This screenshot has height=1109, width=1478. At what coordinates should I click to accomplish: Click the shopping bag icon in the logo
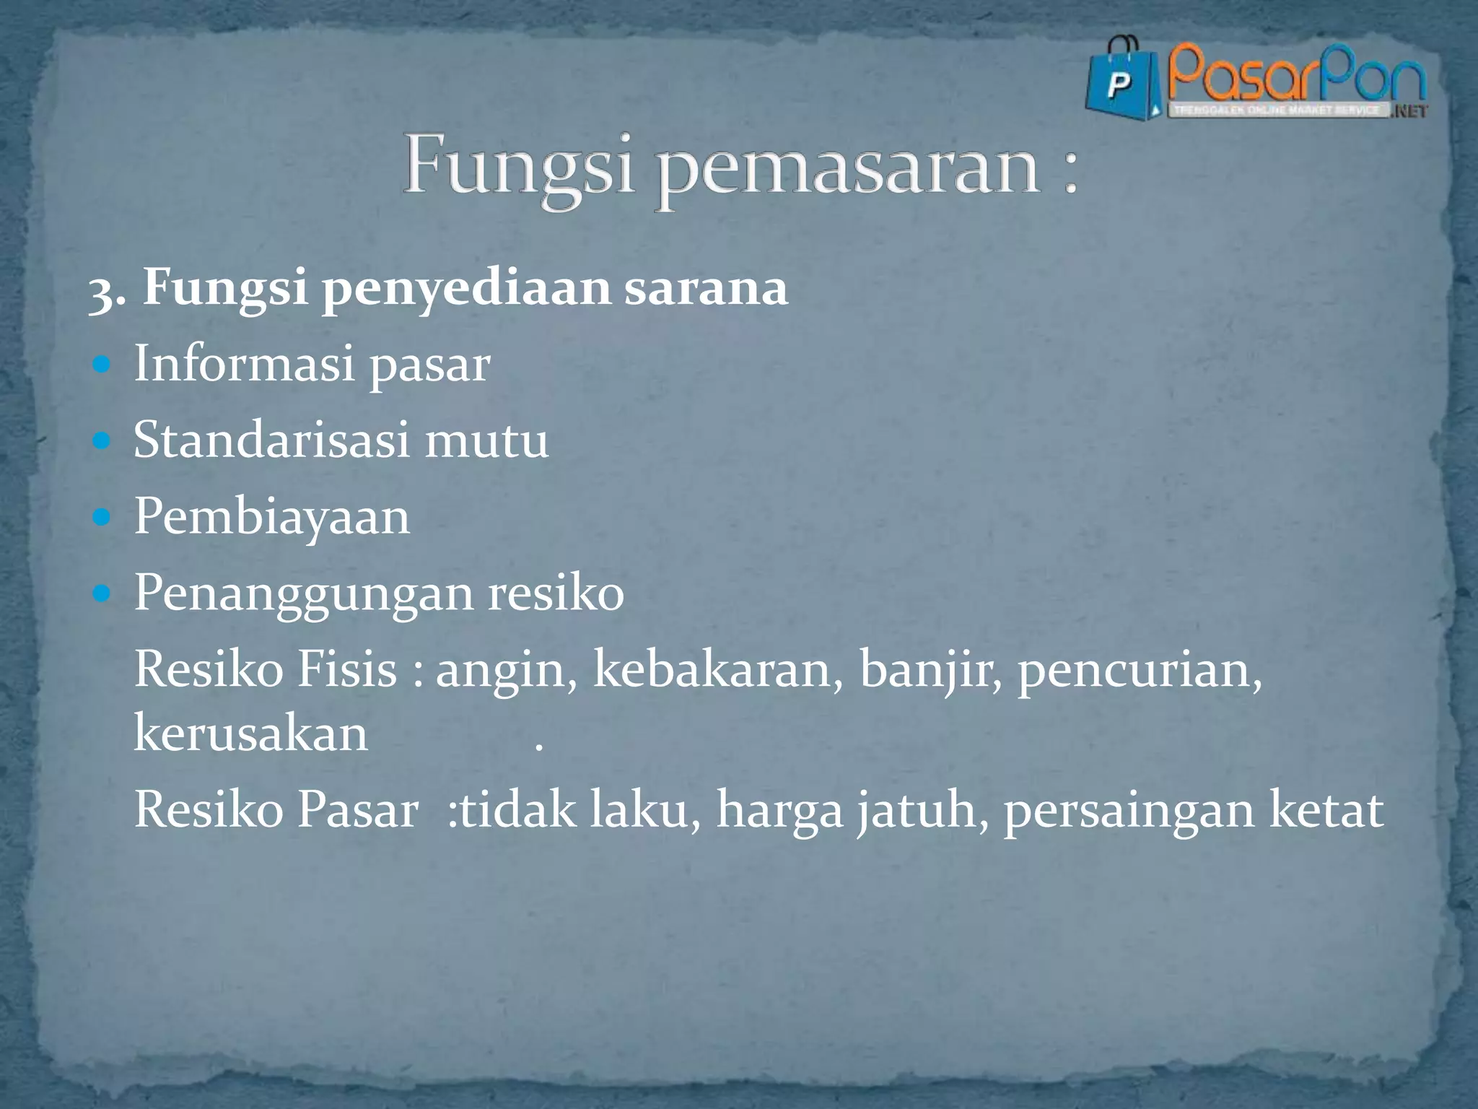(1121, 82)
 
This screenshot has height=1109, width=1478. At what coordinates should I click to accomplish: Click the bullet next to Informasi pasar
(102, 365)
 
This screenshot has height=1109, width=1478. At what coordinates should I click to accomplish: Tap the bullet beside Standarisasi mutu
(102, 440)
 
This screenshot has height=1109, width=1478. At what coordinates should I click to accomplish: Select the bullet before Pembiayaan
(102, 517)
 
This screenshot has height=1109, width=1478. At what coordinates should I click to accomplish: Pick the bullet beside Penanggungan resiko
(102, 593)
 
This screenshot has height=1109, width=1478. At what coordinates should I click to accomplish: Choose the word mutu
(486, 440)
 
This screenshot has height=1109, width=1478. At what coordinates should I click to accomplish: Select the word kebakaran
(717, 669)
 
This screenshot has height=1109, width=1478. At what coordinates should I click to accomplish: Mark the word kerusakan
(250, 734)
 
